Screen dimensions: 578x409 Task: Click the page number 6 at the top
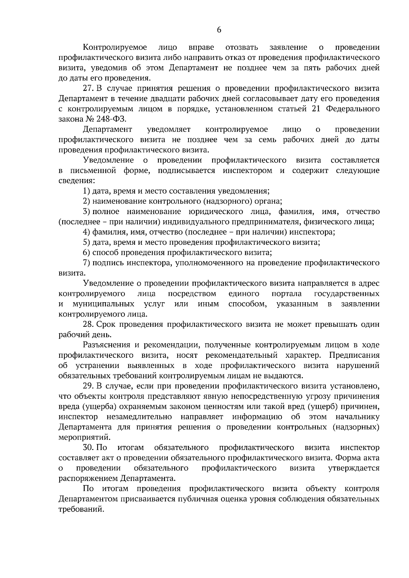(219, 30)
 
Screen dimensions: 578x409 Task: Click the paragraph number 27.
(88, 89)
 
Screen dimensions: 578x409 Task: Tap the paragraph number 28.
(88, 324)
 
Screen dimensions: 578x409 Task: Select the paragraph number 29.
(88, 386)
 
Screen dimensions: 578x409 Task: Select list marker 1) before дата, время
(87, 191)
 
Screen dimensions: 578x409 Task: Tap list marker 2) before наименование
(87, 201)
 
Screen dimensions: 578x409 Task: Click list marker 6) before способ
(87, 253)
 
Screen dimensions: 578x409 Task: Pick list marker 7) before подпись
(87, 263)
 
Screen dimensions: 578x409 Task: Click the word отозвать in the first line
(241, 47)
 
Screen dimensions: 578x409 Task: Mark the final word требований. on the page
(80, 510)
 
